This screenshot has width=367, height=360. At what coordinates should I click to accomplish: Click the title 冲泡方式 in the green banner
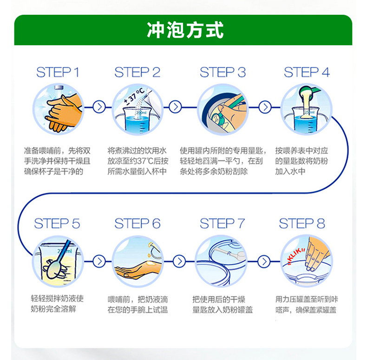point(185,30)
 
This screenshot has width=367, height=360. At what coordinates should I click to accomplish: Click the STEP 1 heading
point(58,73)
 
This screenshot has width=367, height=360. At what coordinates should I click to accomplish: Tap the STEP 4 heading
point(307,73)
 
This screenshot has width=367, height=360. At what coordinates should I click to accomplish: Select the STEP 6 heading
point(138,224)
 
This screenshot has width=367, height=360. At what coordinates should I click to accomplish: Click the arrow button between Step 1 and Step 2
point(98,107)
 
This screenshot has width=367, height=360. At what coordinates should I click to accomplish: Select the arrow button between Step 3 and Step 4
point(264,107)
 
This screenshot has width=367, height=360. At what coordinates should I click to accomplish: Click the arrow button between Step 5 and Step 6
point(98,260)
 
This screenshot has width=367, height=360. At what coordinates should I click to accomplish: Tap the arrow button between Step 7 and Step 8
point(263,260)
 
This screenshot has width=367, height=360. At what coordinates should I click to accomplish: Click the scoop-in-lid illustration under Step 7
point(221,260)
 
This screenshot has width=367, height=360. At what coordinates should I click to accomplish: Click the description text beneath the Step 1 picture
point(58,161)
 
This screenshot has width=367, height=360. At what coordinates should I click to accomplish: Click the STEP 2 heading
point(138,73)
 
